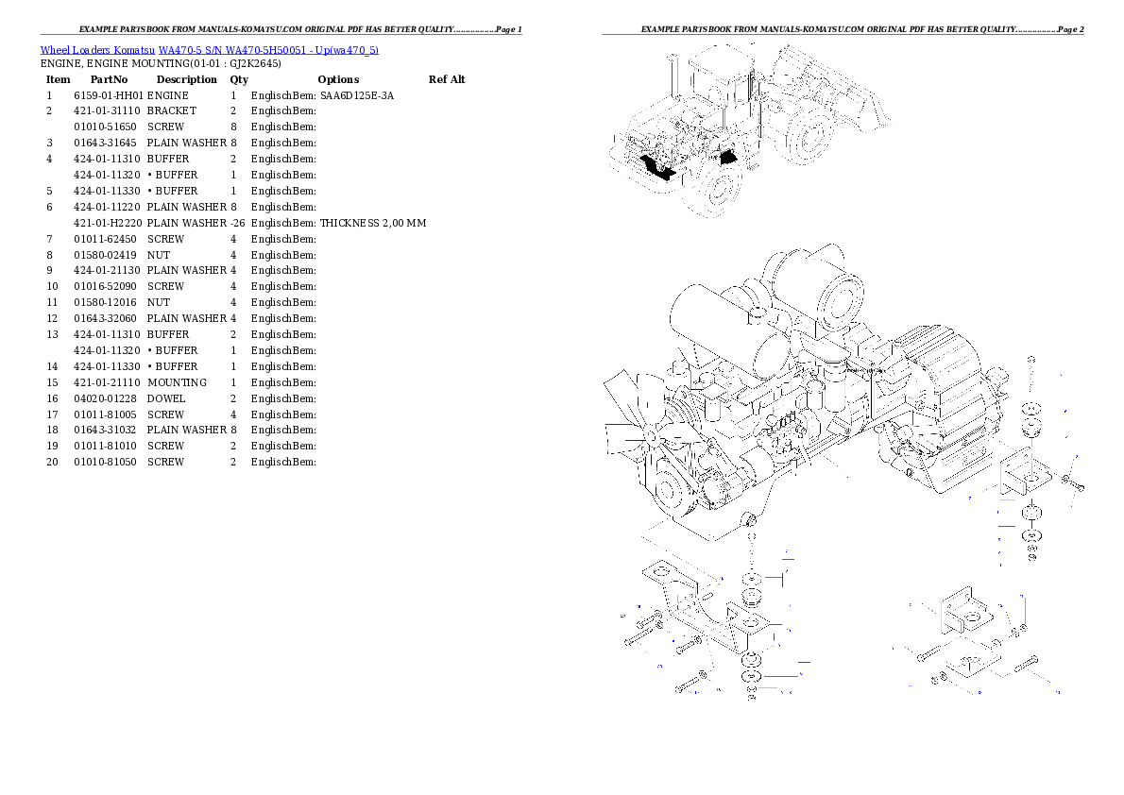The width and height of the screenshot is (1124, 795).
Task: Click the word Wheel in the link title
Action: [x=55, y=50]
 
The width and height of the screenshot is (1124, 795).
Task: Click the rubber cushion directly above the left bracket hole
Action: [x=751, y=598]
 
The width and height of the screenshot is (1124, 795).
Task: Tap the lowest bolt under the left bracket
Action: [x=691, y=683]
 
